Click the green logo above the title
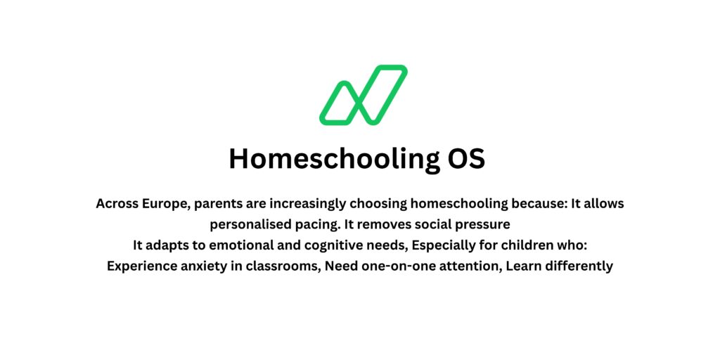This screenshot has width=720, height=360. [364, 96]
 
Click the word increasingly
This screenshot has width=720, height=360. [302, 204]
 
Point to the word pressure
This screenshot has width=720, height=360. [484, 225]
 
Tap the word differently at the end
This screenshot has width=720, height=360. [577, 267]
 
